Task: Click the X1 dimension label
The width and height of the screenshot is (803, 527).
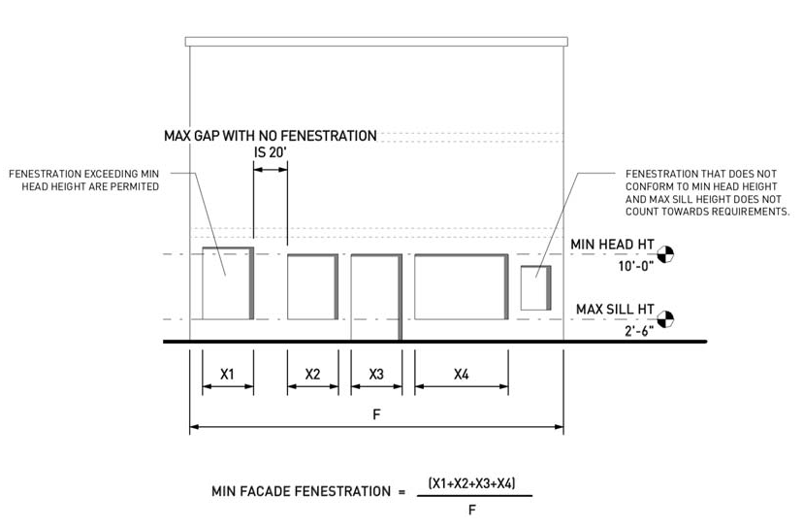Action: click(x=227, y=374)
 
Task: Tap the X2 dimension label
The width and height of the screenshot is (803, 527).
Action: click(x=312, y=374)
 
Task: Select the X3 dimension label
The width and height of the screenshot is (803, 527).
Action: click(x=376, y=374)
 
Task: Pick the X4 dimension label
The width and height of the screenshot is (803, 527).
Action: click(x=462, y=374)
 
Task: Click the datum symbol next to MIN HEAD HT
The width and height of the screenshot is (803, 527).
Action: click(x=665, y=254)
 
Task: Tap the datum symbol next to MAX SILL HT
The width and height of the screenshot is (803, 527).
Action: click(x=665, y=318)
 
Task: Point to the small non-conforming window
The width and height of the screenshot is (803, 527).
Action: click(x=534, y=288)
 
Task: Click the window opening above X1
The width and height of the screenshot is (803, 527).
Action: click(x=225, y=283)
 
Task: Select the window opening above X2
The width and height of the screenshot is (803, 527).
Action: click(x=311, y=287)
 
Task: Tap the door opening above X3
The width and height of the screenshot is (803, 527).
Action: click(x=374, y=296)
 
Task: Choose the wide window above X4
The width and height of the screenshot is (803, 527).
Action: click(x=460, y=287)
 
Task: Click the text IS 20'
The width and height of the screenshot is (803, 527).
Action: click(x=271, y=152)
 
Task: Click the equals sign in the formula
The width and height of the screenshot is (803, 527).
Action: click(x=401, y=492)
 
